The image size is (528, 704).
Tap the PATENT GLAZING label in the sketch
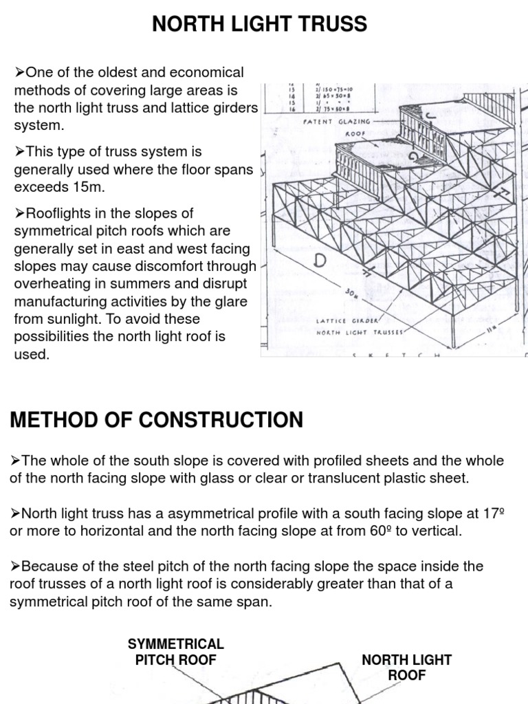337,122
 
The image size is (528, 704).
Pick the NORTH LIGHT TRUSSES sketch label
360,331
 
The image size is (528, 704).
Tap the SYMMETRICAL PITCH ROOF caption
176,652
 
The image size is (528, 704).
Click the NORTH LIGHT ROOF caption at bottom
407,667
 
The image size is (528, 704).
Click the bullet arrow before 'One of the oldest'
19,72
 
